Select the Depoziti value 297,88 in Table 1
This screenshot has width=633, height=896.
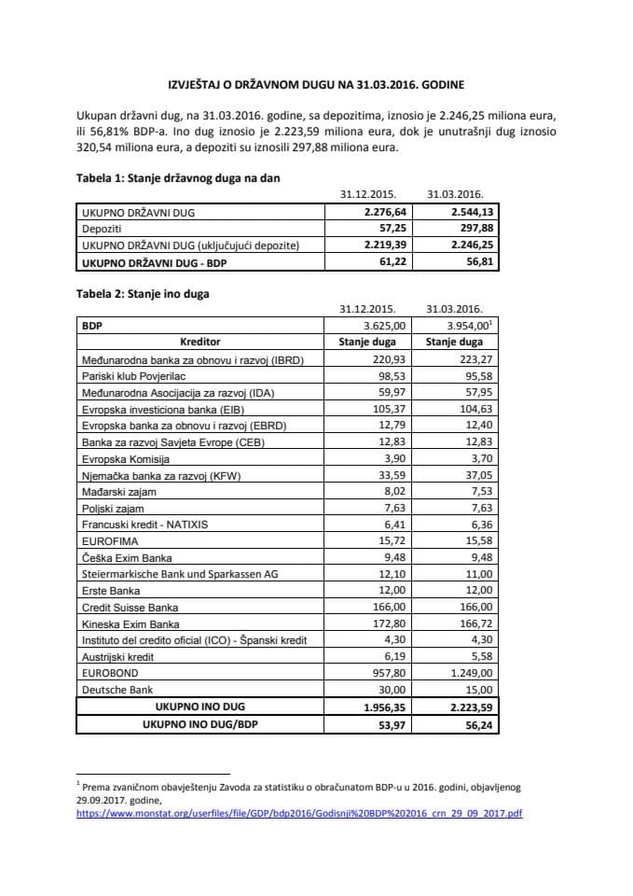[x=467, y=229]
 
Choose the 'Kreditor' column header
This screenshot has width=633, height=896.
[x=200, y=343]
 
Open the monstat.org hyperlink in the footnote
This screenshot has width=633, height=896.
[x=298, y=813]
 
